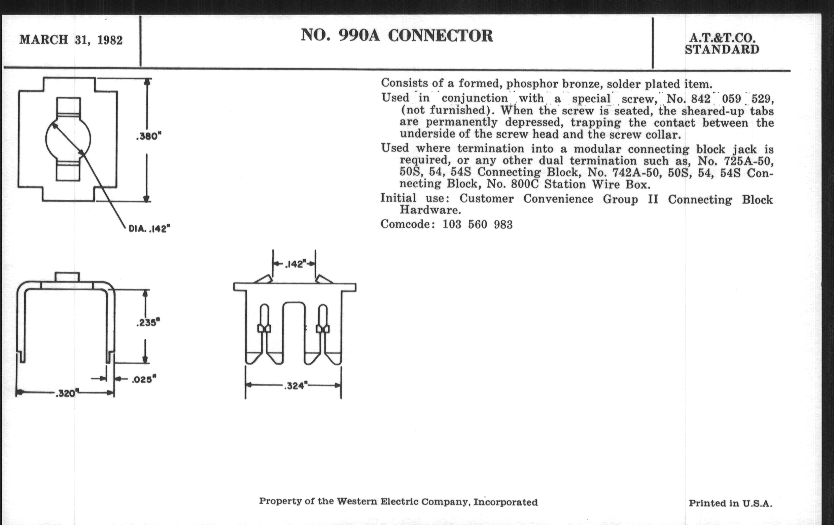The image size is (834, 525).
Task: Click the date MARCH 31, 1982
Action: (71, 40)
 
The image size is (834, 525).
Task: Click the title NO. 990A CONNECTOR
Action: (396, 36)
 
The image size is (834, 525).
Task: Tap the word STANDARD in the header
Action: (722, 50)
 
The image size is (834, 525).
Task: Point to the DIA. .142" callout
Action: (149, 229)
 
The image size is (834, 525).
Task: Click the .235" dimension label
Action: (148, 323)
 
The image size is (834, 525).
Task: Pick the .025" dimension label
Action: (144, 380)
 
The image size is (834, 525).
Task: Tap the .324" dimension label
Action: (296, 386)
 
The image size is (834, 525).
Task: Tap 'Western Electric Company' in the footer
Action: (404, 502)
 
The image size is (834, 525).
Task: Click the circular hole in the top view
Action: (68, 139)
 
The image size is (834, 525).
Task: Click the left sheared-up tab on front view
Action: (263, 279)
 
